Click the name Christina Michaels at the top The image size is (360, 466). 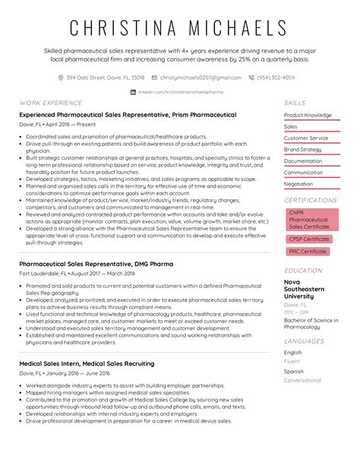point(179,28)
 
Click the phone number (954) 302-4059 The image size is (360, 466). point(276,78)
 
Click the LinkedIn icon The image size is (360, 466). point(134,91)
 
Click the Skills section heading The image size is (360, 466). point(295,102)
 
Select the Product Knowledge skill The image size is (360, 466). point(308,116)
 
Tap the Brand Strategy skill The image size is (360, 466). point(302,150)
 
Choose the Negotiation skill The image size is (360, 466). point(298,184)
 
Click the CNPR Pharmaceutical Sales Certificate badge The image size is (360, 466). point(309,219)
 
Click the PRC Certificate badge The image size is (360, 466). point(308,251)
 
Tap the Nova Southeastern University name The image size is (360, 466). point(304,289)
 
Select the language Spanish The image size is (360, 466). point(293,371)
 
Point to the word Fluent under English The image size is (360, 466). point(292,361)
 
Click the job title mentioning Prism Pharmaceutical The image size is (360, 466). point(128,115)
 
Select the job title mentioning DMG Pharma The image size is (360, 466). point(96,264)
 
